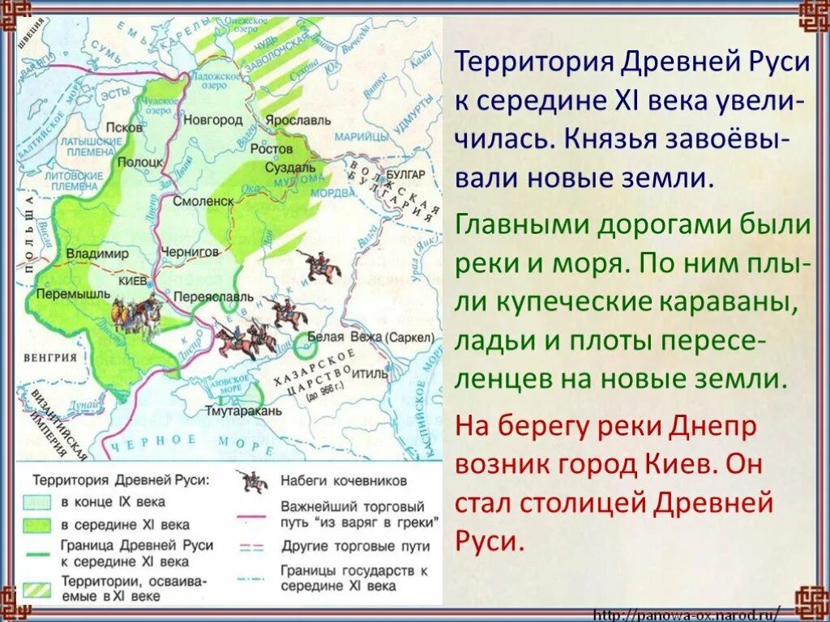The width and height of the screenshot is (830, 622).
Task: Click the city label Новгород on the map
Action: tap(216, 120)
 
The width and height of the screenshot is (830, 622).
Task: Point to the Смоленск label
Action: tap(208, 200)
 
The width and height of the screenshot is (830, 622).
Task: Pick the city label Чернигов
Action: tap(191, 252)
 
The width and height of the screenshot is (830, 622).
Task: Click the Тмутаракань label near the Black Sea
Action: tap(243, 411)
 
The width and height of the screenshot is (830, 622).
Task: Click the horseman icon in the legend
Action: tap(252, 481)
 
